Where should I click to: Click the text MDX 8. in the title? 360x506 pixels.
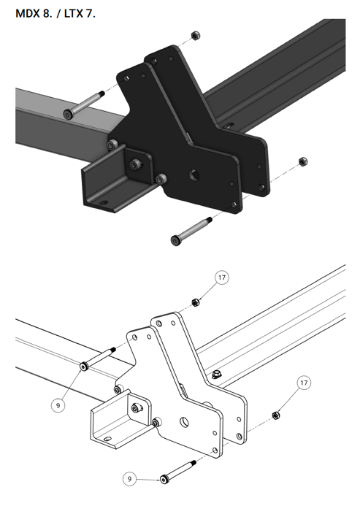[34, 14]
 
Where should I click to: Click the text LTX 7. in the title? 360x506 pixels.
[80, 14]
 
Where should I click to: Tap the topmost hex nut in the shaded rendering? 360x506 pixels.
[195, 35]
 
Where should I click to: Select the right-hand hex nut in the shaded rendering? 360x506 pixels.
[303, 161]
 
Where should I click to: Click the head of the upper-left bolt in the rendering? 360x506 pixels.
[68, 114]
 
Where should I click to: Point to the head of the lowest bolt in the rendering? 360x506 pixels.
[175, 240]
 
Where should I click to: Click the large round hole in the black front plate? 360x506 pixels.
[194, 175]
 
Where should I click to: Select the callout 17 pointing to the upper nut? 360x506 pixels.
[221, 277]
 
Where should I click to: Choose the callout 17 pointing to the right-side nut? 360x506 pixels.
[304, 383]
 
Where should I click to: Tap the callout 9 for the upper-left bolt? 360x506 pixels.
[58, 405]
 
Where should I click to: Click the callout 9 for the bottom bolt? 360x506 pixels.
[130, 478]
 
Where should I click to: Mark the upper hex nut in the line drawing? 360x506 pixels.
[196, 302]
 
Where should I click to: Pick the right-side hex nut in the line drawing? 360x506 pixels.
[276, 415]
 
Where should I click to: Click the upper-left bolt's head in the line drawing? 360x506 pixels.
[84, 367]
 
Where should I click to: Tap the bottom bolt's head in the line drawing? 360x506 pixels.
[164, 479]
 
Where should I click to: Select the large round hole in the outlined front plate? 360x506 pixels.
[184, 422]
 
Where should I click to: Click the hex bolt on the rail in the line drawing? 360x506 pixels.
[215, 375]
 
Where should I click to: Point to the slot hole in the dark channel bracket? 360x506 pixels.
[103, 203]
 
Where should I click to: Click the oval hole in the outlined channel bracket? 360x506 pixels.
[108, 439]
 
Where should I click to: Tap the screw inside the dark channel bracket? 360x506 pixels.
[134, 165]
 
